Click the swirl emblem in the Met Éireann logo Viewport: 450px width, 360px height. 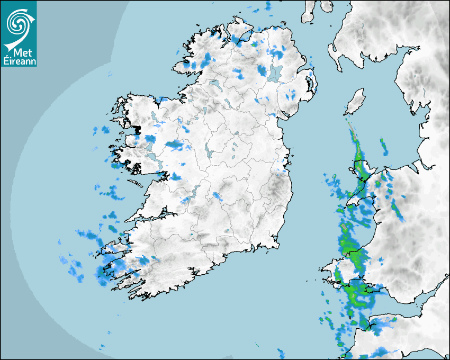18,23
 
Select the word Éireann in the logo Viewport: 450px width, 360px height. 19,61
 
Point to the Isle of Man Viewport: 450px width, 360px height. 356,99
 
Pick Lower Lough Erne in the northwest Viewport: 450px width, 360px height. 214,84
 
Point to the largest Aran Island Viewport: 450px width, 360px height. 136,184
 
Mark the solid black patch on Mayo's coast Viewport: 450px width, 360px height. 137,129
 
